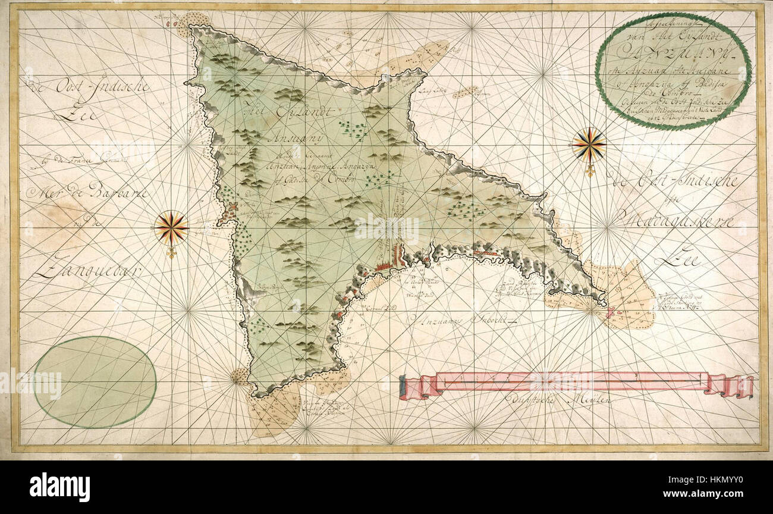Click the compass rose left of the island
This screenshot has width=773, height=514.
(x=171, y=228)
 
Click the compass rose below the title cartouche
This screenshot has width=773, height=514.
(x=589, y=145)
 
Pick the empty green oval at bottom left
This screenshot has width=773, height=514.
(x=95, y=381)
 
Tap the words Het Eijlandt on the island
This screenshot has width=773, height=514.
(x=282, y=112)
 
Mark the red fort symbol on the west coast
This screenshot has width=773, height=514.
(x=231, y=210)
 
